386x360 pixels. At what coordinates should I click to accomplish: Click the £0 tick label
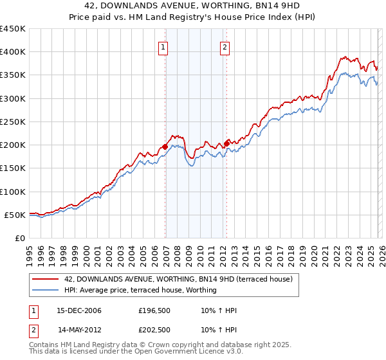pos(19,238)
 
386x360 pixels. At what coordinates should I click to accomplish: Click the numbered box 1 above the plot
pos(164,47)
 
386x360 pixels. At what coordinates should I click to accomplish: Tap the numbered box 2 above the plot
pos(225,47)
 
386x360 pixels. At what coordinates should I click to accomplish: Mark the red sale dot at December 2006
pos(165,147)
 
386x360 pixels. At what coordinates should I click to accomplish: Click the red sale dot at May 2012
pos(226,143)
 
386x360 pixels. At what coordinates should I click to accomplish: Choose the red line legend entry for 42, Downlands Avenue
pos(178,279)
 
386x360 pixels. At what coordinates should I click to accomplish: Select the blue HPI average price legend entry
pos(140,290)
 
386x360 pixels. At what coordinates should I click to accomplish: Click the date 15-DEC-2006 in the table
pos(78,310)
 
